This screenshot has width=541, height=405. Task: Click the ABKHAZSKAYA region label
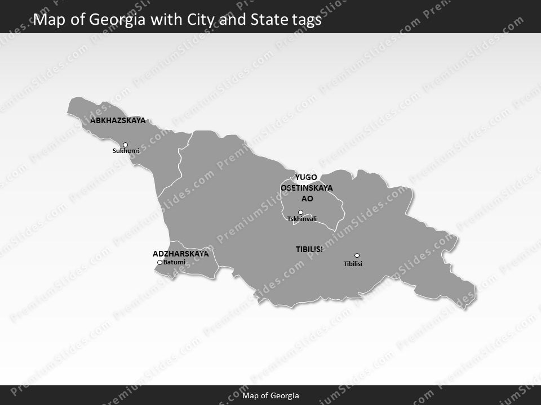pyautogui.click(x=118, y=120)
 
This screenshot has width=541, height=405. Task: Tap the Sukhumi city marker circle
pyautogui.click(x=125, y=145)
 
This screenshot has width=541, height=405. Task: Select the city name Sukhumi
pyautogui.click(x=125, y=151)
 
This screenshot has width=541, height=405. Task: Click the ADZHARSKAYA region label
pyautogui.click(x=181, y=254)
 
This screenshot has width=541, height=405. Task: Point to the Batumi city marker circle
pyautogui.click(x=159, y=262)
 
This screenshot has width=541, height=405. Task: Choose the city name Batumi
pyautogui.click(x=174, y=262)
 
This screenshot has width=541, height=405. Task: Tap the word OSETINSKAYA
pyautogui.click(x=307, y=188)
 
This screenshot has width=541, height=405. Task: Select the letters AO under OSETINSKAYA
pyautogui.click(x=307, y=199)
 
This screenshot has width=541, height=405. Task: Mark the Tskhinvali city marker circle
pyautogui.click(x=300, y=212)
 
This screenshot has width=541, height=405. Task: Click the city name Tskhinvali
pyautogui.click(x=302, y=219)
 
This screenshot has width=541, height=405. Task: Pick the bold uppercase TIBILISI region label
pyautogui.click(x=309, y=249)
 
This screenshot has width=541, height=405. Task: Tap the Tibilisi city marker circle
pyautogui.click(x=357, y=255)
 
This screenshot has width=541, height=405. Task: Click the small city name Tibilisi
pyautogui.click(x=353, y=264)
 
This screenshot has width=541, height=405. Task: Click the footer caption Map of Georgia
pyautogui.click(x=270, y=395)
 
